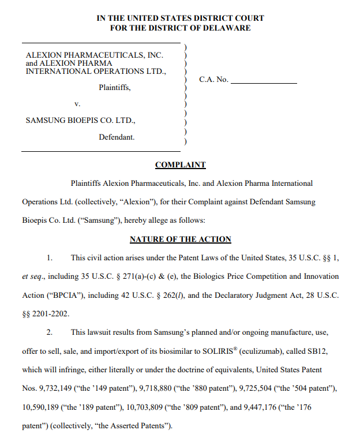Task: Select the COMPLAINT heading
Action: (180, 165)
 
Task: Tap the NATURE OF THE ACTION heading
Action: (180, 239)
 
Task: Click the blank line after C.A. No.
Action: (264, 80)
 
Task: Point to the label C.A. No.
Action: (213, 80)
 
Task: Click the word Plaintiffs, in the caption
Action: (115, 88)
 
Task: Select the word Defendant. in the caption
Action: (117, 137)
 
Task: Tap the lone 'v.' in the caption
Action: (76, 104)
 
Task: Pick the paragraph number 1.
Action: (49, 257)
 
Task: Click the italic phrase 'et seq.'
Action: (32, 276)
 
